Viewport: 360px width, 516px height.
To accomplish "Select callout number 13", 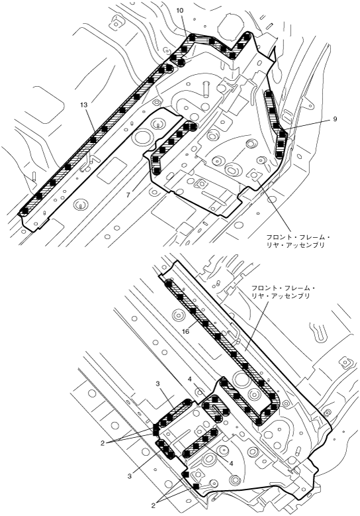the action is [x=83, y=105].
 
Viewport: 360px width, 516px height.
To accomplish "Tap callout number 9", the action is [x=335, y=119].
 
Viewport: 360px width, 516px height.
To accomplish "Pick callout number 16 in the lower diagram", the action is [x=186, y=332].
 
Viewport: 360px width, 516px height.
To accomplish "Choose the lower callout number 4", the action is [x=232, y=463].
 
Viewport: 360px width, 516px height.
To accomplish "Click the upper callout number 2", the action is [x=103, y=443].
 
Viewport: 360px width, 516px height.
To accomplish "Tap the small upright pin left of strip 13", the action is [x=34, y=176].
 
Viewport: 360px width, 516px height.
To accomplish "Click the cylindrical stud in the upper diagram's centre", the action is [x=206, y=88].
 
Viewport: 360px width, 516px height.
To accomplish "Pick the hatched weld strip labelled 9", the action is [x=276, y=125].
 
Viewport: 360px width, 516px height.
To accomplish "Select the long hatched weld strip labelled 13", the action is [x=96, y=139].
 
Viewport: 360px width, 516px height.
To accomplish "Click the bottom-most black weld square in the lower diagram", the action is [x=196, y=486].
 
